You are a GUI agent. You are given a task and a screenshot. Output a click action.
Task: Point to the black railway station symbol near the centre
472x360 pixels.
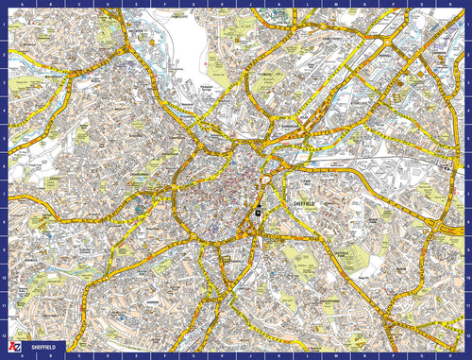(256, 212)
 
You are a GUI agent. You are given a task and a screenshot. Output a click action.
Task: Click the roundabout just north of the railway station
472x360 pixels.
(267, 180)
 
